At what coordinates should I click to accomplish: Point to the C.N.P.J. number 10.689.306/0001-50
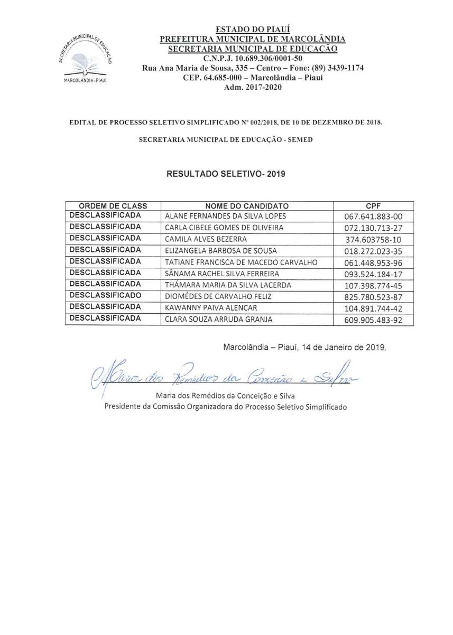(x=253, y=59)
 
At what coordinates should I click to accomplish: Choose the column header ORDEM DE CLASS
(x=113, y=205)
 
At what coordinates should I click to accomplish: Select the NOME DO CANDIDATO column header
(x=247, y=205)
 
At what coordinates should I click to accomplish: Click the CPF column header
(x=373, y=205)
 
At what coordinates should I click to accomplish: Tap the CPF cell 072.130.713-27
(x=373, y=228)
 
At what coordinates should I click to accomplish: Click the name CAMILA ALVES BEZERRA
(x=202, y=239)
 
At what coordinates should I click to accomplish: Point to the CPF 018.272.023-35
(x=373, y=251)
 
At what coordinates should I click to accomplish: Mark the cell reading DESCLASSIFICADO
(x=105, y=295)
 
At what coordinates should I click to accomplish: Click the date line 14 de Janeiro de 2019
(x=305, y=348)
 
